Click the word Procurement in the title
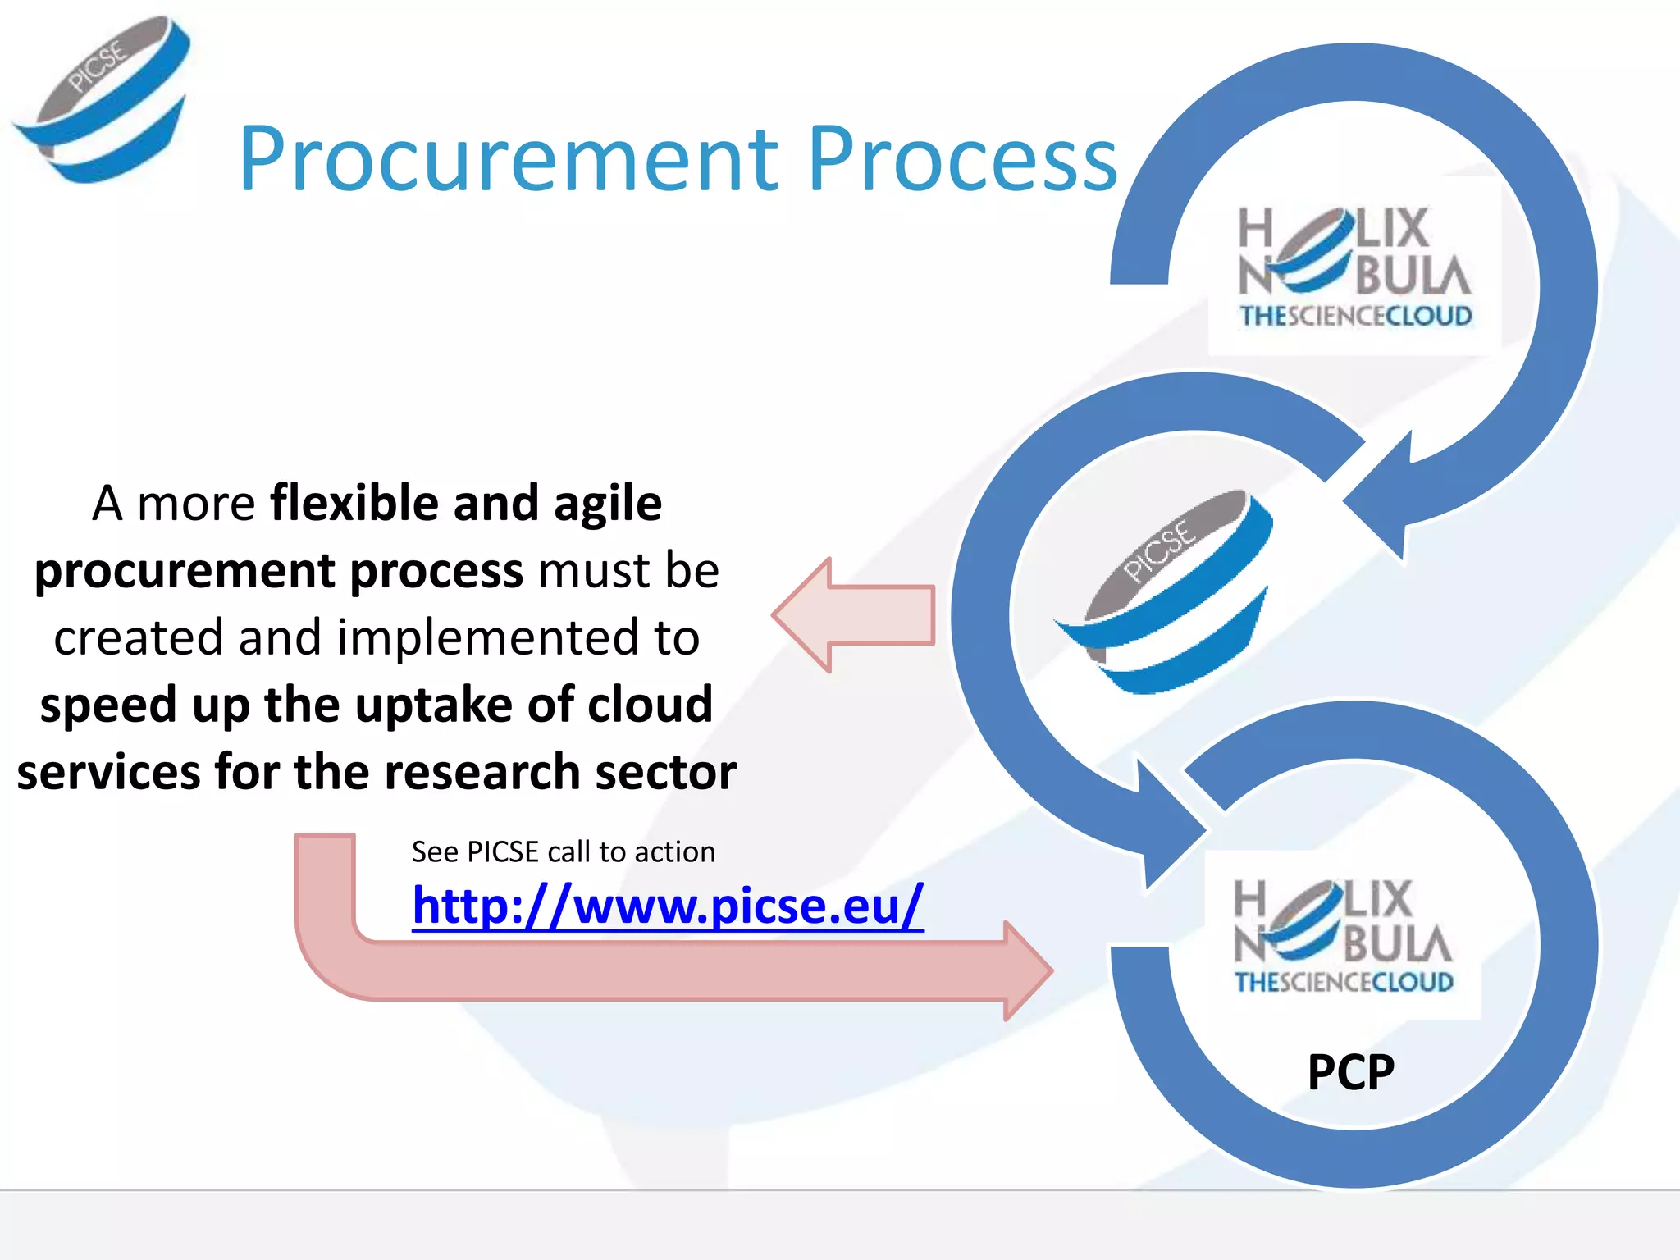(508, 160)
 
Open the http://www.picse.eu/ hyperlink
(668, 906)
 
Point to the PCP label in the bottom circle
(1350, 1071)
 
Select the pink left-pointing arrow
(853, 615)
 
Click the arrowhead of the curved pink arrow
(1025, 970)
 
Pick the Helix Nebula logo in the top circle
(1354, 266)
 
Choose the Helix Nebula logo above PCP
(1343, 935)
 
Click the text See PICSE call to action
(563, 851)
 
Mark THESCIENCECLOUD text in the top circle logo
(1355, 317)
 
